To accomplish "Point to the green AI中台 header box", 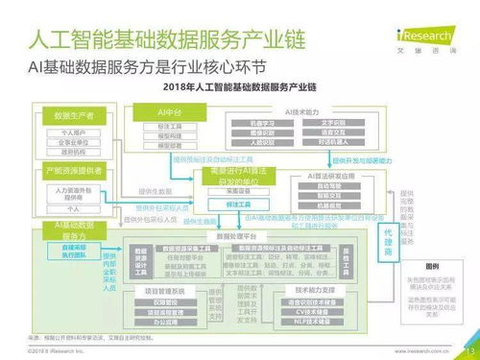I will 169,112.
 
